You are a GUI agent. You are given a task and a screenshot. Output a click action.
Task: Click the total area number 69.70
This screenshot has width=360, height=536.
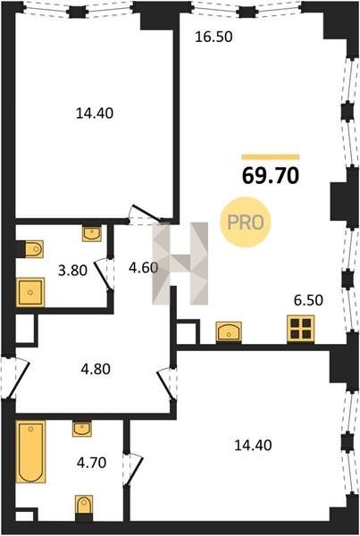[x=271, y=176]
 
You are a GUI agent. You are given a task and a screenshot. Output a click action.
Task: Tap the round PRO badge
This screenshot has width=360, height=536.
[x=246, y=222]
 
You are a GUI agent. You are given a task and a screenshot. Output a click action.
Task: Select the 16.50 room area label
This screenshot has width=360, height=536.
[x=213, y=37]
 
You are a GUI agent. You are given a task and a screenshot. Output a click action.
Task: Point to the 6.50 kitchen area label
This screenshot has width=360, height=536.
[x=308, y=300]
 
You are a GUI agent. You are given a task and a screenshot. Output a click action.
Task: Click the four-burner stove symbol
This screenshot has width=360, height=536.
[x=300, y=329]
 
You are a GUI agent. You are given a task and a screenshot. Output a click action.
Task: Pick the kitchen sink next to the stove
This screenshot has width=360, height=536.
[x=229, y=331]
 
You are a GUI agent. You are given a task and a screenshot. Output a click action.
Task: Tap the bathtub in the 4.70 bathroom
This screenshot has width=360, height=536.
[x=30, y=451]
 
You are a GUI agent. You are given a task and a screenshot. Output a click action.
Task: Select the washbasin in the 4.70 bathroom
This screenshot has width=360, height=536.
[x=81, y=429]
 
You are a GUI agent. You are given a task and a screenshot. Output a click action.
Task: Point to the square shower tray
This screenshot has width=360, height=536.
[x=30, y=292]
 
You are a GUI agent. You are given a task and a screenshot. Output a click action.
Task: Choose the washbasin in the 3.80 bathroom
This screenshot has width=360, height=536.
[x=92, y=234]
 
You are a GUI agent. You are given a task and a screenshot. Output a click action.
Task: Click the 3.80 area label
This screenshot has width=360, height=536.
[x=72, y=271]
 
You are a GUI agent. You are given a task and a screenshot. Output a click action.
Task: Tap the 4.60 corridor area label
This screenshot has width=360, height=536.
[x=143, y=267]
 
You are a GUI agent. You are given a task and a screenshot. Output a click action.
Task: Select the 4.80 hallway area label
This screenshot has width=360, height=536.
[x=96, y=369]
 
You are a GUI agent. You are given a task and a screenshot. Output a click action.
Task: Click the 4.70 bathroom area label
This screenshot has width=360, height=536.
[x=91, y=463]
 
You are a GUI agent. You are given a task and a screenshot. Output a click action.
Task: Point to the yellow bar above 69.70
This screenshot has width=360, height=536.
[x=271, y=157]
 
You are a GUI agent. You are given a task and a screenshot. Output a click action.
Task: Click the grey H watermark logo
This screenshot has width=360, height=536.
[x=180, y=264]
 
